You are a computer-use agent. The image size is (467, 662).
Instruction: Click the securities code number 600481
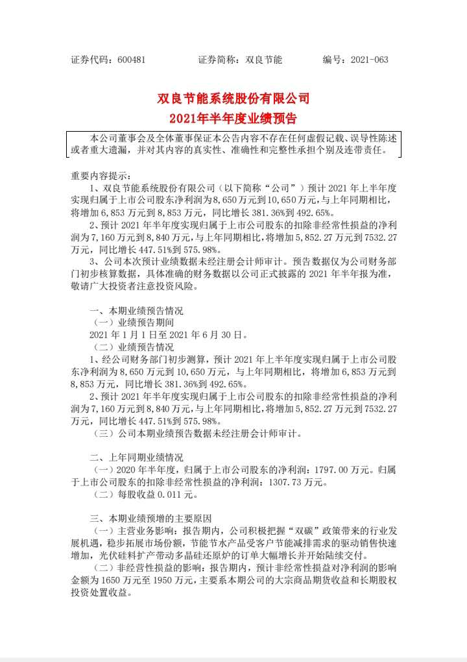[132, 60]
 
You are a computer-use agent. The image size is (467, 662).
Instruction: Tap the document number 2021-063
[369, 60]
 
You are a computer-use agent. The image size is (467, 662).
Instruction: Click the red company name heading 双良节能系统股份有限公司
[233, 99]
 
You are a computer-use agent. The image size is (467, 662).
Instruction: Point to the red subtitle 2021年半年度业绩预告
[233, 119]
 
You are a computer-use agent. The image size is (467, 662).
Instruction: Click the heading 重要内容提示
[101, 175]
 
